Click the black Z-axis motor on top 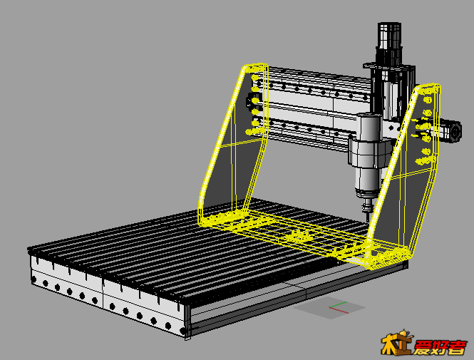388,42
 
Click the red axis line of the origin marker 339,310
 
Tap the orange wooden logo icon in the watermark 396,343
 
